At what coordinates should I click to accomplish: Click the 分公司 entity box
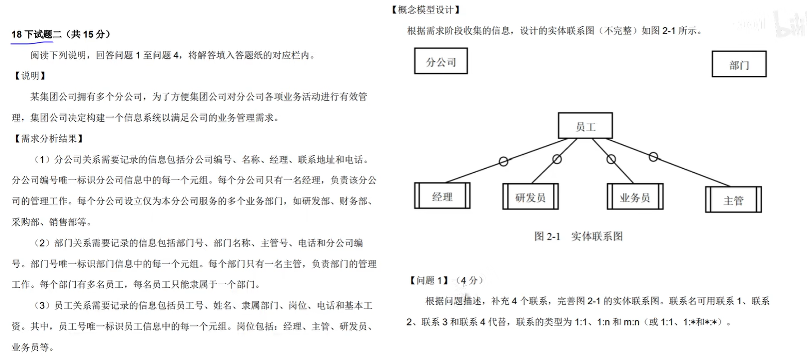[x=441, y=61]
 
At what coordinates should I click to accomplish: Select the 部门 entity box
[x=738, y=64]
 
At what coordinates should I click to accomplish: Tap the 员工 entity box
[x=585, y=126]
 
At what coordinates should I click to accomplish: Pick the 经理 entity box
[x=442, y=196]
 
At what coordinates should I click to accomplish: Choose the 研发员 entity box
[x=530, y=196]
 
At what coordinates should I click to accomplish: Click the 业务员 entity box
[x=635, y=197]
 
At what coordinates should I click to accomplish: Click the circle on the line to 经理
[x=503, y=162]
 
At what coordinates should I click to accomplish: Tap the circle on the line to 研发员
[x=557, y=159]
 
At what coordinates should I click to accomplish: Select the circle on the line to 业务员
[x=611, y=159]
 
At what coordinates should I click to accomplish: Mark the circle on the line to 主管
[x=653, y=156]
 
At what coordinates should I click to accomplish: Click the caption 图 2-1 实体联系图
[x=578, y=236]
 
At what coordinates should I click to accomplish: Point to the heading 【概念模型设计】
[x=425, y=10]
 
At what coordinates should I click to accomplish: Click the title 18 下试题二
[x=36, y=35]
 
